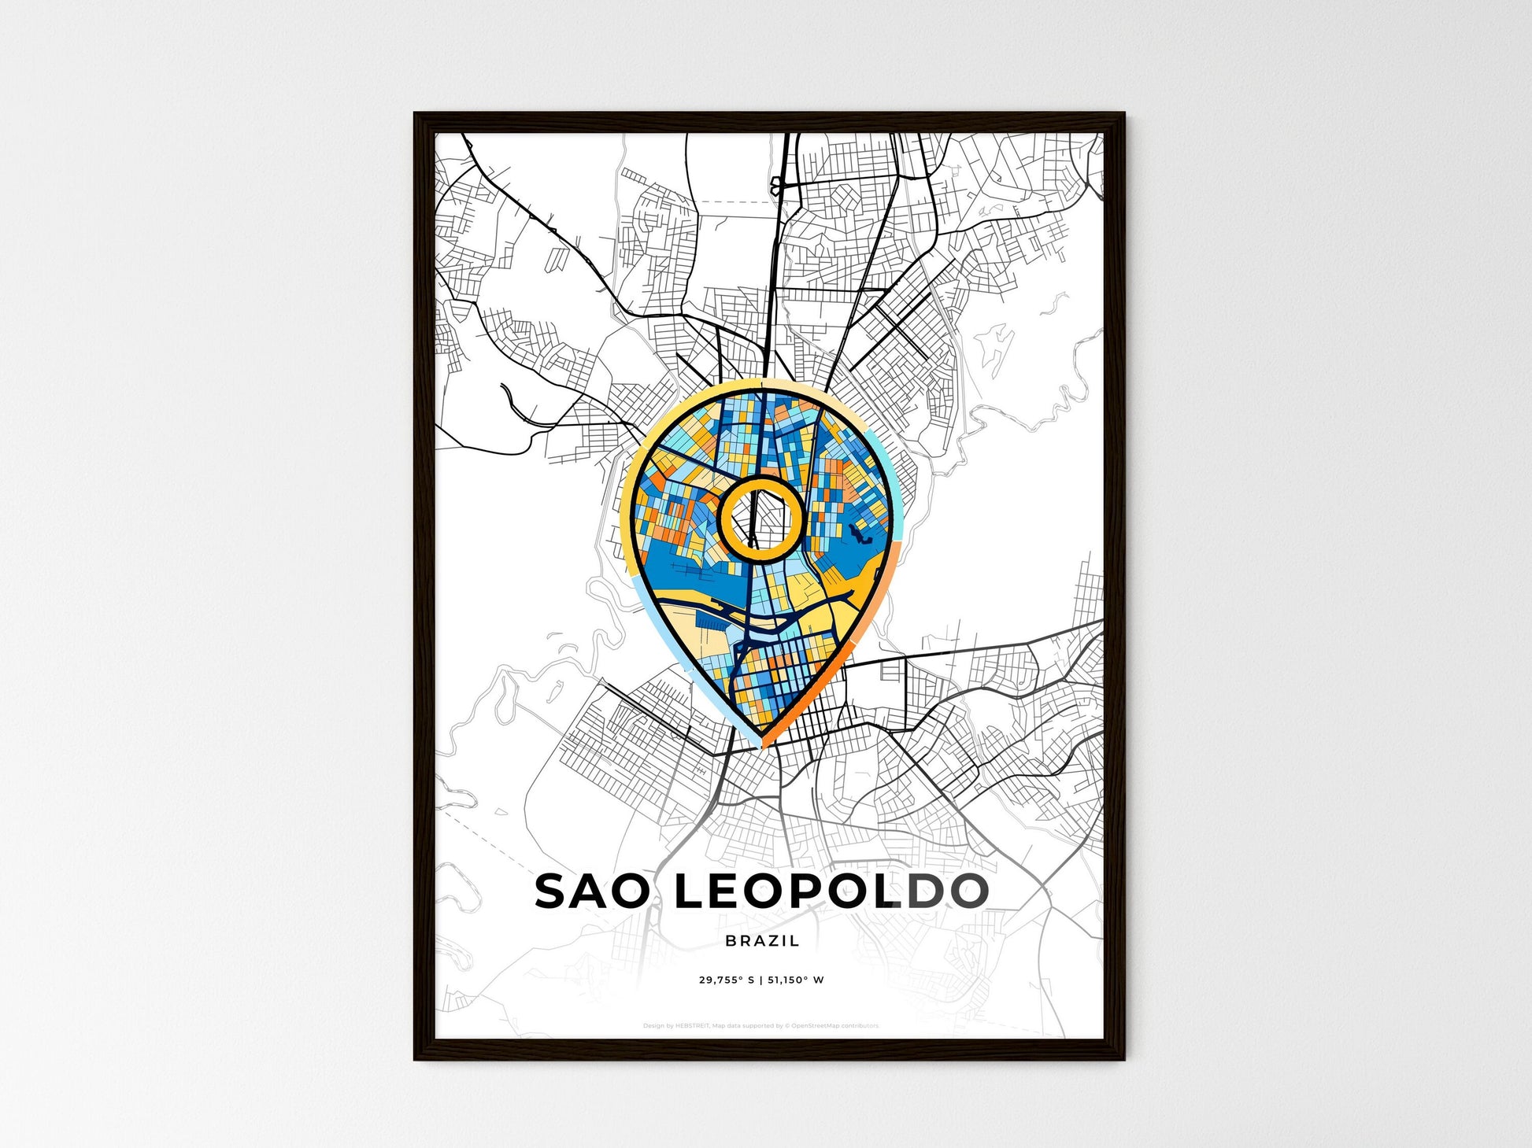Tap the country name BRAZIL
(x=762, y=941)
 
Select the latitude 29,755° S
(x=726, y=980)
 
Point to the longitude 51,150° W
(x=796, y=980)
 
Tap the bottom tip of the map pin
(x=762, y=744)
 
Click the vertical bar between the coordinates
(x=761, y=980)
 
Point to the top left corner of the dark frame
(x=416, y=115)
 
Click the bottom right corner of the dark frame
(x=1123, y=1058)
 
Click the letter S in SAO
(x=551, y=891)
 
